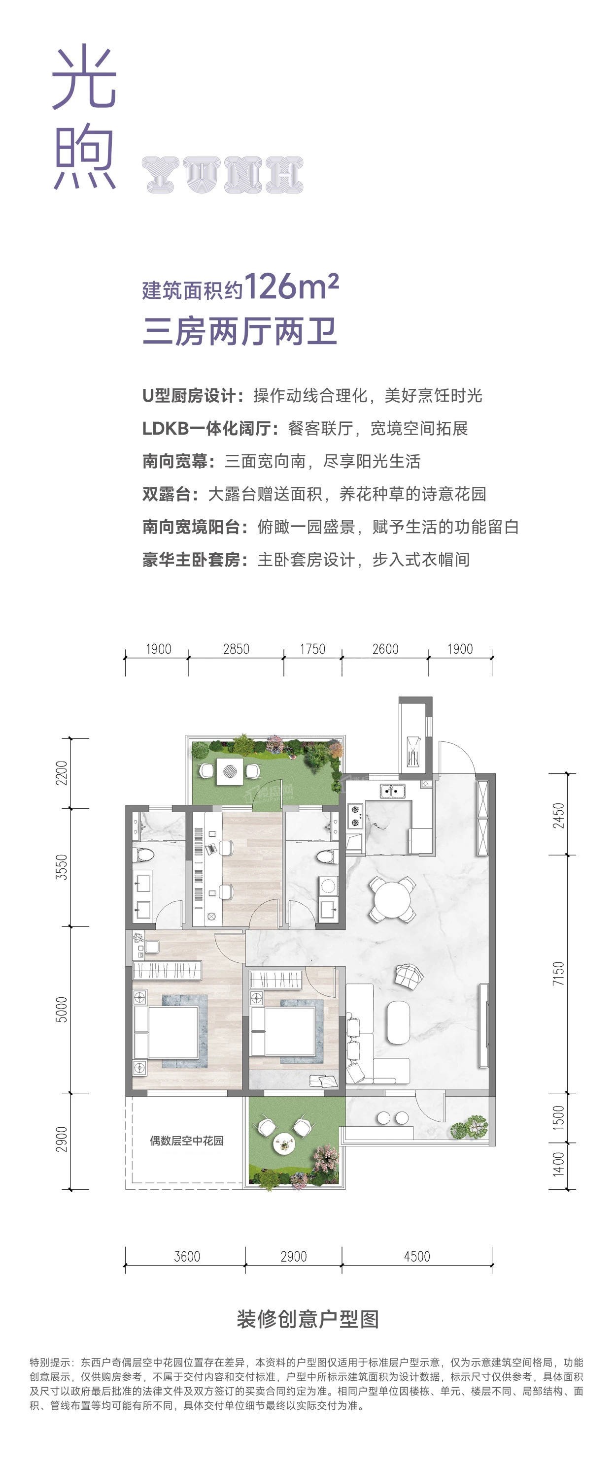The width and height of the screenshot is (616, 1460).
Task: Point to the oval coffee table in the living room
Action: pos(399,1022)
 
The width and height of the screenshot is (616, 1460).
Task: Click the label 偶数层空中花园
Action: pos(187,1141)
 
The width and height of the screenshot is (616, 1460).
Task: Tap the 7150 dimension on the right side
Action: pos(559,974)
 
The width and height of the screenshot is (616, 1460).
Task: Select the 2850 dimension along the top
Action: pos(236,649)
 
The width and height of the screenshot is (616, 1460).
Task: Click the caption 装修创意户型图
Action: pos(308,1319)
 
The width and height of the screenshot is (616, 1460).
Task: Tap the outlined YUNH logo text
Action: pos(223,175)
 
